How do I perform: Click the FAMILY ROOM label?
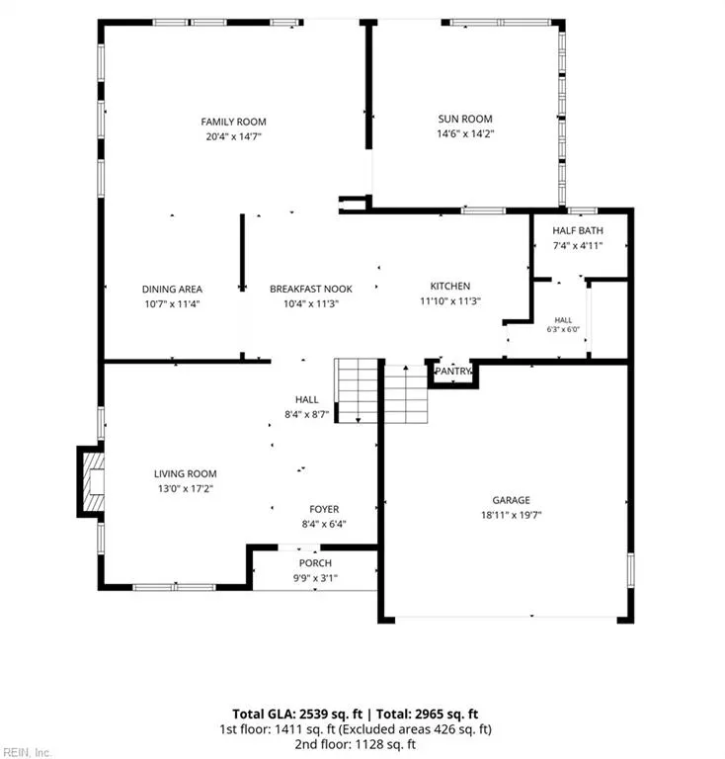[x=234, y=122]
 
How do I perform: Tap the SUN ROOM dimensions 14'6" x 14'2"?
[x=465, y=133]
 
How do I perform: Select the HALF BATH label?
[x=578, y=230]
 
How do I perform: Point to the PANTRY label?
[x=452, y=371]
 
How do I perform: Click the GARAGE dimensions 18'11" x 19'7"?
[x=511, y=515]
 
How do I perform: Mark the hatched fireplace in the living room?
[x=94, y=481]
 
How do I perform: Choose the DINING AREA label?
[x=172, y=289]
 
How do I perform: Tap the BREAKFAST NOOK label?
[x=311, y=289]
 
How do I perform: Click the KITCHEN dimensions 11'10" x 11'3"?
[x=449, y=301]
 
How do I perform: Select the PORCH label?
[x=315, y=563]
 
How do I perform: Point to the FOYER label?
[x=324, y=509]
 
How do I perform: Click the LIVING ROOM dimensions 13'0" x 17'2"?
[x=186, y=488]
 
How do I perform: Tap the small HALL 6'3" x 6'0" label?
[x=563, y=324]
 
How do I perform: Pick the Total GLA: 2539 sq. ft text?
[x=297, y=714]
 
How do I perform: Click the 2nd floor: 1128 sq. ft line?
[x=355, y=743]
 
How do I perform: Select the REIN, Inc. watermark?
[x=26, y=753]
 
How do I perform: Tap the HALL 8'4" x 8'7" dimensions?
[x=306, y=414]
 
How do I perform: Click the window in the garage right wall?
[x=631, y=569]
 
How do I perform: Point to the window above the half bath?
[x=582, y=211]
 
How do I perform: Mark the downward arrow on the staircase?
[x=358, y=419]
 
